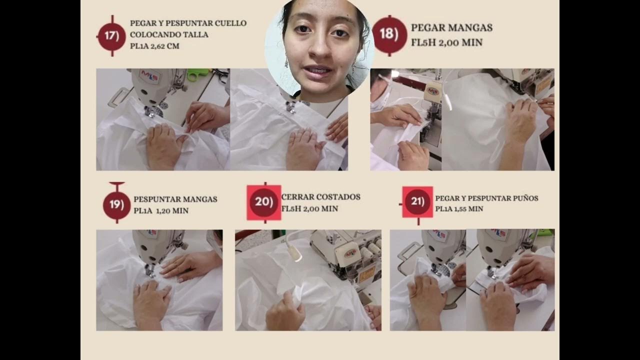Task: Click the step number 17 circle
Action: coord(111,36)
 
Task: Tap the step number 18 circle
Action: coord(389,34)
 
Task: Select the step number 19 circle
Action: coord(116,205)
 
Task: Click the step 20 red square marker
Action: coord(263,202)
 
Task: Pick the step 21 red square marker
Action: coord(417,202)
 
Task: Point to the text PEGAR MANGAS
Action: coord(451,27)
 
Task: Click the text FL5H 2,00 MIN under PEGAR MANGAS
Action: coord(446,42)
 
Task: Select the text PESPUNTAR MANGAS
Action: coord(175,199)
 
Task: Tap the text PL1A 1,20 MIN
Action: coord(161,211)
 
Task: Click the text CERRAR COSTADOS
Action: coord(321,197)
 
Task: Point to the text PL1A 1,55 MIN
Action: coord(459,209)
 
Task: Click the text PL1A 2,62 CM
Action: coord(154,46)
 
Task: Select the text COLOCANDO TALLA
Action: coord(169,34)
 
